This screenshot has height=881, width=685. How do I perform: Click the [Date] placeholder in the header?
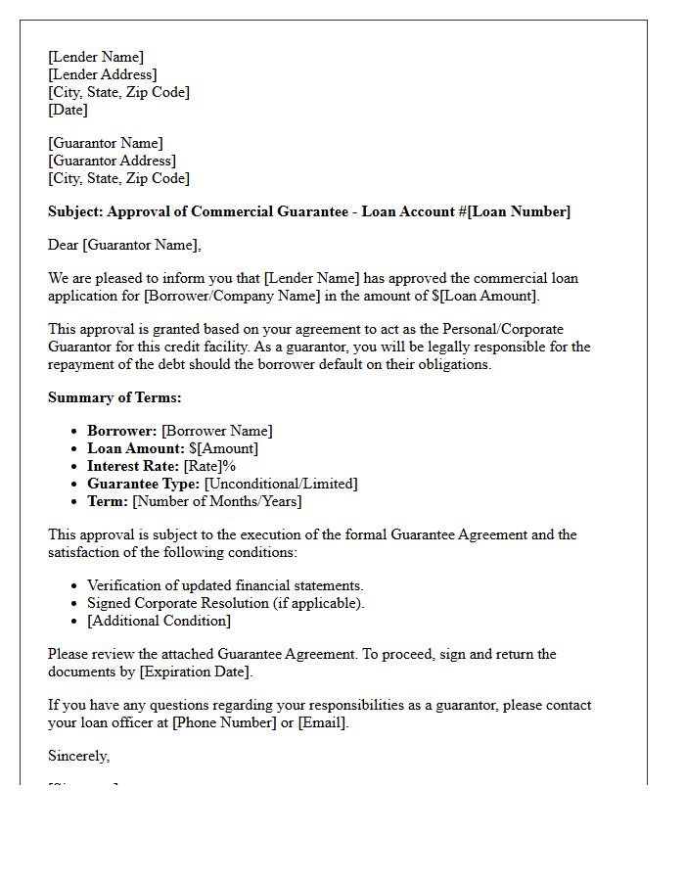click(x=68, y=110)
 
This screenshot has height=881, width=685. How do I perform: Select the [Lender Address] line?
click(x=102, y=74)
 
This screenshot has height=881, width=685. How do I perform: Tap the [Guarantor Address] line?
click(x=112, y=161)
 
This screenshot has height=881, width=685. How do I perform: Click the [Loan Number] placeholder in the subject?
click(x=519, y=211)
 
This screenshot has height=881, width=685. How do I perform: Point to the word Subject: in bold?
click(x=75, y=211)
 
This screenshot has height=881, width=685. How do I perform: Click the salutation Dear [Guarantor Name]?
click(x=124, y=245)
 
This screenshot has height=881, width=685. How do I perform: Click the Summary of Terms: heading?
click(x=114, y=397)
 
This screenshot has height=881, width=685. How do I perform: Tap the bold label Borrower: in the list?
click(x=122, y=431)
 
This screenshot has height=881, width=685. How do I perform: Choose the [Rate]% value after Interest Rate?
click(x=209, y=466)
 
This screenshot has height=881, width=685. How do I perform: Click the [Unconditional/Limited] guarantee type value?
click(x=281, y=484)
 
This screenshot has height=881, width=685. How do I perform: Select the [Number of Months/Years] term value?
click(x=216, y=501)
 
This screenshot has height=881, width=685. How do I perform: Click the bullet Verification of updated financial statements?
click(x=225, y=585)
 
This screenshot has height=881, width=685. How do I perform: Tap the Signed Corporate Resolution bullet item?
click(x=225, y=603)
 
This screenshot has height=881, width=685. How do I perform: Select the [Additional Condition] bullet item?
click(x=159, y=621)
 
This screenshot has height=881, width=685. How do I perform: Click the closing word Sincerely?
click(x=79, y=756)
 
